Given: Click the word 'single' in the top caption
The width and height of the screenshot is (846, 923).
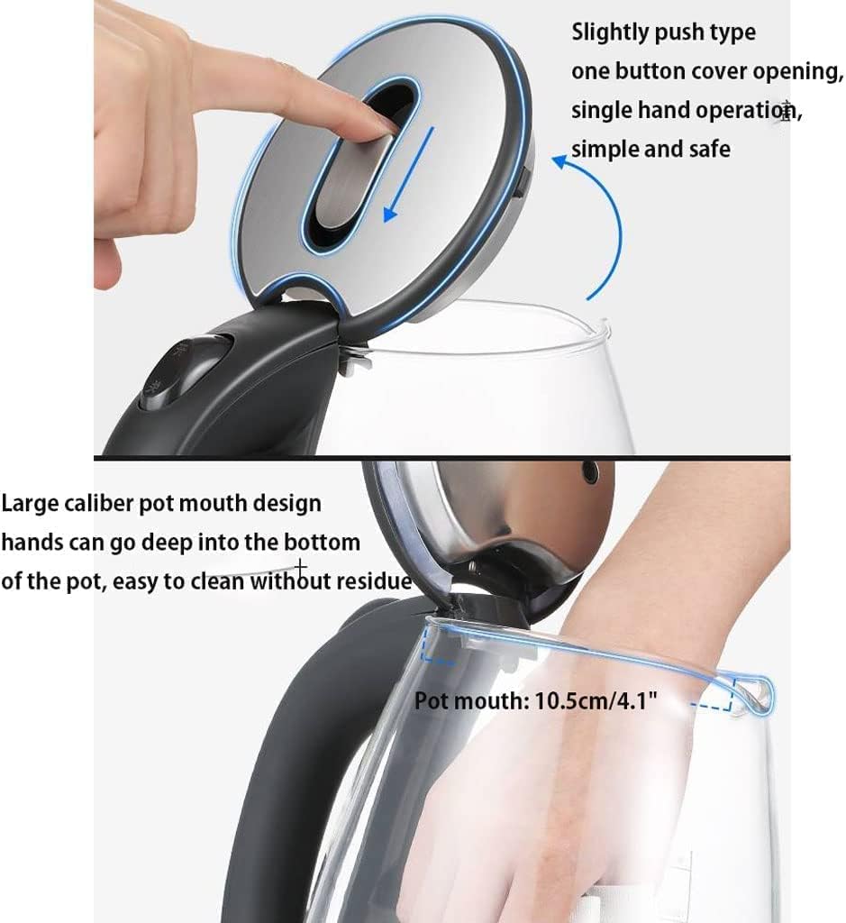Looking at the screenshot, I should [x=601, y=110].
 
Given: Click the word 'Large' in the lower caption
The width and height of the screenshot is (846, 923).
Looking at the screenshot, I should [x=32, y=503].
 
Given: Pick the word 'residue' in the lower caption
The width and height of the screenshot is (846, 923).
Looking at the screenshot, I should [x=373, y=581].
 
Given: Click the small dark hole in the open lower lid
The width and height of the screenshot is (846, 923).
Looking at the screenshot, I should [x=591, y=470].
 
